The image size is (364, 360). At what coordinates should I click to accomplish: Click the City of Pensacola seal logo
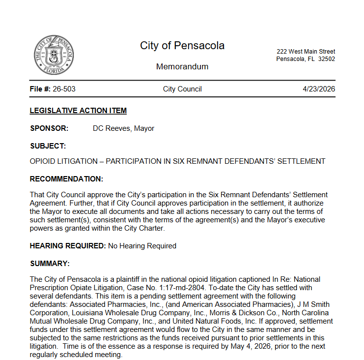[55, 55]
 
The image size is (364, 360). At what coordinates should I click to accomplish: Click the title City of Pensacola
[182, 46]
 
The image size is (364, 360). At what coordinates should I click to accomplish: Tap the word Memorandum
[182, 66]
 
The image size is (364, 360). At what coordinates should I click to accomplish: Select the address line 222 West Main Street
[306, 52]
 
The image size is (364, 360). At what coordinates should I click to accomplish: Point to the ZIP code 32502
[326, 59]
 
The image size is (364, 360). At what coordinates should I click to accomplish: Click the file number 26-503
[64, 89]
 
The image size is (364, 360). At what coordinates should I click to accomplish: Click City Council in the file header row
[182, 89]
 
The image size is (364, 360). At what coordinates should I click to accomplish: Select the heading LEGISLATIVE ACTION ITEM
[78, 111]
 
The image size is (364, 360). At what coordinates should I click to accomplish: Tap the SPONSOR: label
[49, 128]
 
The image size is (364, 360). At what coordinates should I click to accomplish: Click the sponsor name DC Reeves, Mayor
[123, 128]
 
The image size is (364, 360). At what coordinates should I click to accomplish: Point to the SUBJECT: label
[48, 146]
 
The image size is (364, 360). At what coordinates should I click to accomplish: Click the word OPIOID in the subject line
[43, 161]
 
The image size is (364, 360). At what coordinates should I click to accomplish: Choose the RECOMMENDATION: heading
[66, 179]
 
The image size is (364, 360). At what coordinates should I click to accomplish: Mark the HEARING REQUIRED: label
[68, 246]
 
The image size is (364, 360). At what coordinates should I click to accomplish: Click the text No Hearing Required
[142, 246]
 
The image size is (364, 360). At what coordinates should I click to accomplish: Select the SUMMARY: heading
[50, 264]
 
